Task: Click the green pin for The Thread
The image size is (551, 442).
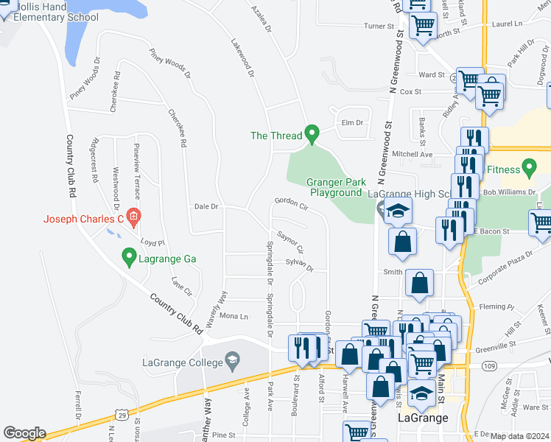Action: tap(312, 134)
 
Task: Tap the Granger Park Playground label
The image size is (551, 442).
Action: tap(335, 187)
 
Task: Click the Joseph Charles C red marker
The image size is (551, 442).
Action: tap(133, 217)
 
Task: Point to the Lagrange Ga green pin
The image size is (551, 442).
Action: tap(129, 257)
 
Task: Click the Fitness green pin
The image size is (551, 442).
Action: tap(529, 168)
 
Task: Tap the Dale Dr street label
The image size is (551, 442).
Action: tap(206, 207)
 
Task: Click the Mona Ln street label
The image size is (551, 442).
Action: tap(234, 316)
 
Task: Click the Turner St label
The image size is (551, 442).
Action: tap(380, 26)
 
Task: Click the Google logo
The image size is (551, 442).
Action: tap(24, 433)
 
